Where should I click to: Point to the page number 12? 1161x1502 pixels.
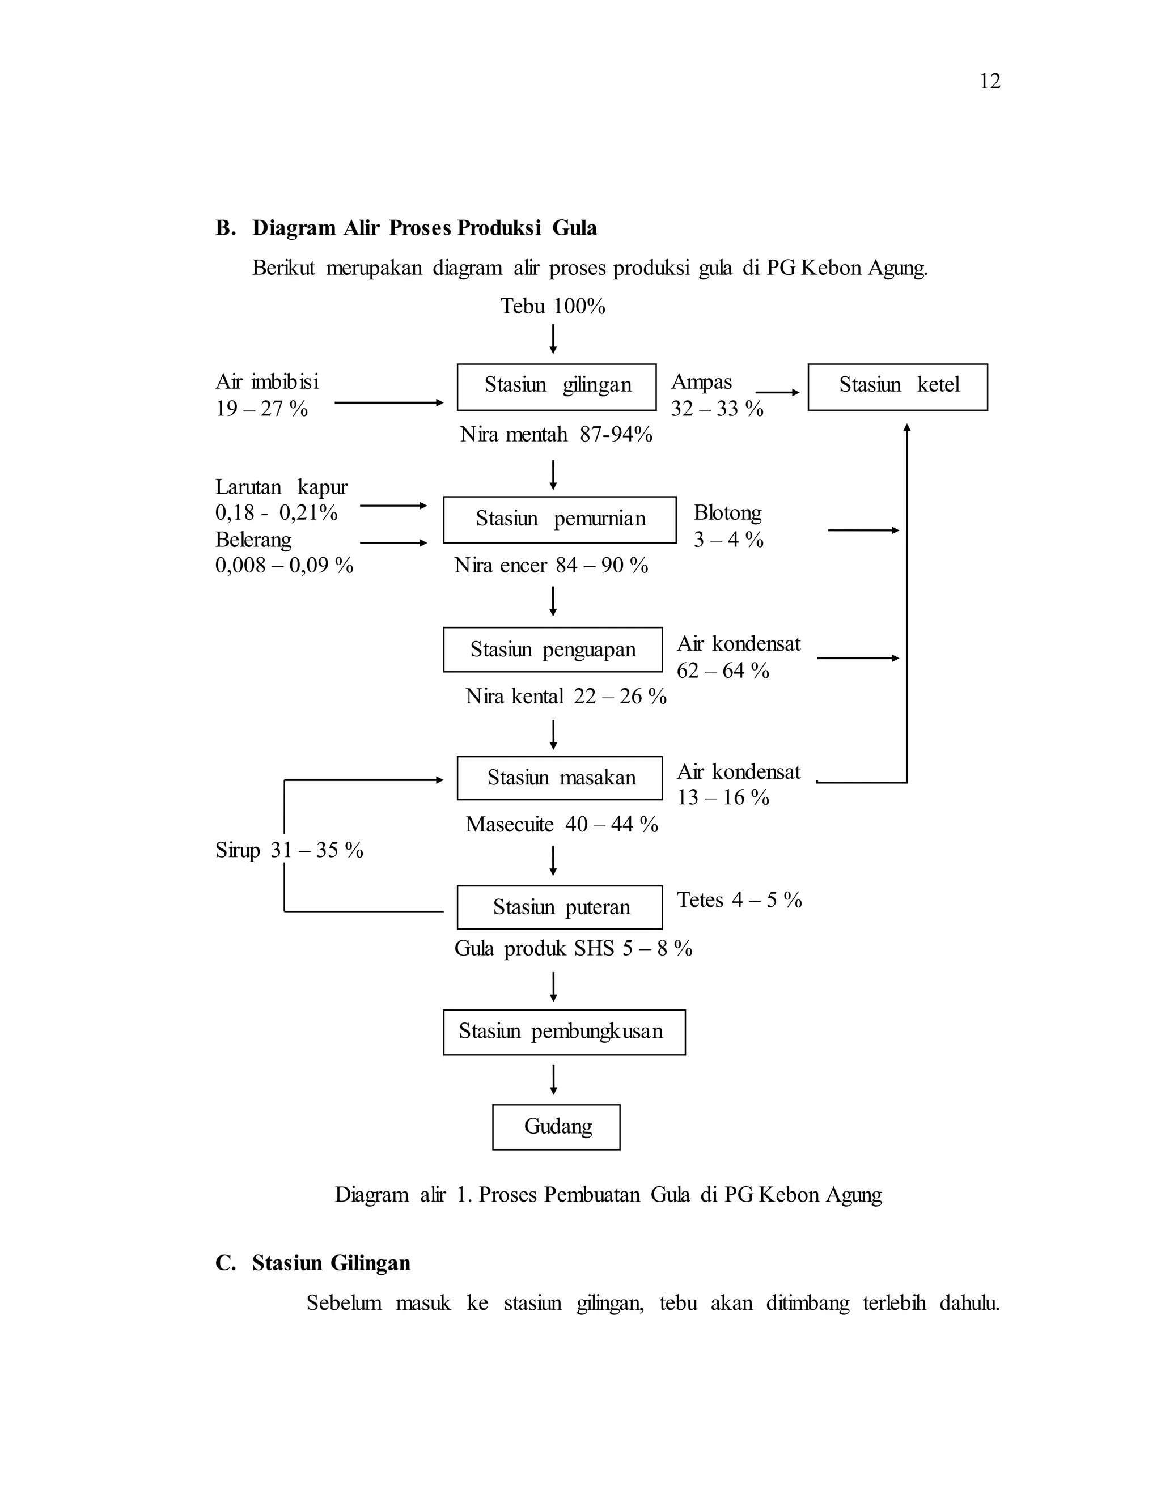(990, 81)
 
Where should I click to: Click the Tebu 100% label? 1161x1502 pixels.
(553, 306)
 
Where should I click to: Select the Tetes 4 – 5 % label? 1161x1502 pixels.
(739, 899)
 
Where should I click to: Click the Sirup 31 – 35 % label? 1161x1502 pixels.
(289, 850)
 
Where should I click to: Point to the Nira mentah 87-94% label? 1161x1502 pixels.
(556, 434)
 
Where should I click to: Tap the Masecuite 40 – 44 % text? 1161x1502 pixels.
(562, 824)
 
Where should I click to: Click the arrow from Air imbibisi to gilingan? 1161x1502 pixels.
(389, 402)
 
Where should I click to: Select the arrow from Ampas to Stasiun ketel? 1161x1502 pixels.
(778, 392)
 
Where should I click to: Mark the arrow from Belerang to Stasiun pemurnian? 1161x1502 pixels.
(393, 542)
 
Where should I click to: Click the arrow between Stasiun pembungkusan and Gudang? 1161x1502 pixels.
(553, 1080)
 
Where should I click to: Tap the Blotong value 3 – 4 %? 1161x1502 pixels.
(728, 540)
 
